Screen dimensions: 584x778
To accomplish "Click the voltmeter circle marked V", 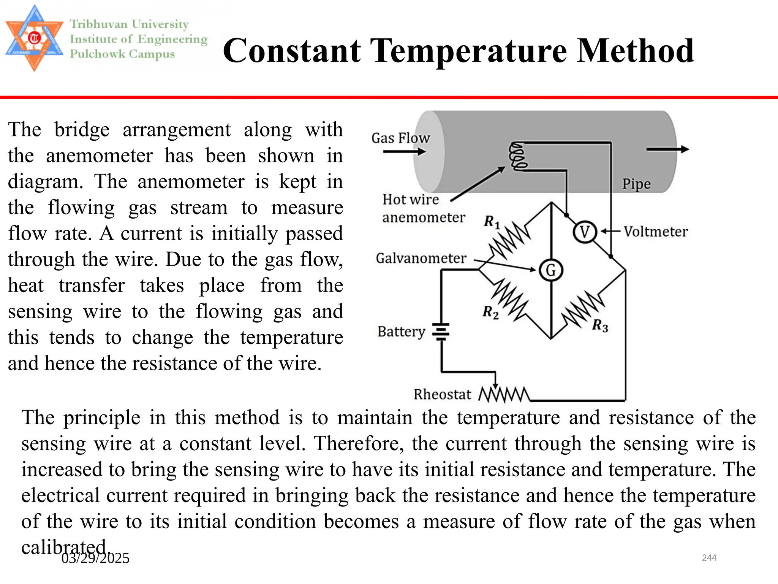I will (585, 232).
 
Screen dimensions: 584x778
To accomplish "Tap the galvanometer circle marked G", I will (551, 270).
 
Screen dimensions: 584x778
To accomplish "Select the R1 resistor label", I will (492, 222).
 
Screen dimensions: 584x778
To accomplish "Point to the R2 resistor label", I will (490, 313).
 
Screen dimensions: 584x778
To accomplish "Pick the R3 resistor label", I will (600, 326).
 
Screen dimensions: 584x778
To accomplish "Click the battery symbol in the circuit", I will (441, 332).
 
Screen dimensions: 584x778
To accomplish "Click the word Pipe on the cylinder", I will (636, 184).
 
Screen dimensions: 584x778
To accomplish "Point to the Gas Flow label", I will (400, 138).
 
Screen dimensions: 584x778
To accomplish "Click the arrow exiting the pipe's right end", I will (667, 149).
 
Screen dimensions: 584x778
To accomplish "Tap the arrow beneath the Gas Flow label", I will (404, 152).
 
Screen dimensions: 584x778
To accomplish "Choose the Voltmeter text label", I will (656, 232).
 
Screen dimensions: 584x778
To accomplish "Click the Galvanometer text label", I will (421, 258).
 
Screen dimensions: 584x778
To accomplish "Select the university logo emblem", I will (35, 38).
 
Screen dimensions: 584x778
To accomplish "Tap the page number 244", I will (709, 558).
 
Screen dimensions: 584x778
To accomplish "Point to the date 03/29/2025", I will (95, 558).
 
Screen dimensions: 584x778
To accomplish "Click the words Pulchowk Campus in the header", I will (122, 54).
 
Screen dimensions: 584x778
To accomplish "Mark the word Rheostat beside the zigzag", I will (442, 395).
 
